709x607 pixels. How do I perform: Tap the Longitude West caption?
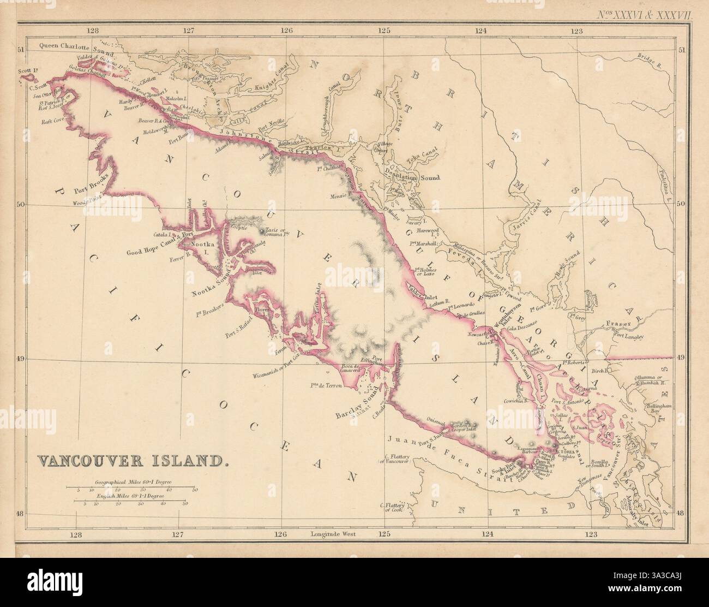[x=332, y=535]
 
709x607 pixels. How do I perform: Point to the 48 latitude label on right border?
[x=680, y=513]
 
